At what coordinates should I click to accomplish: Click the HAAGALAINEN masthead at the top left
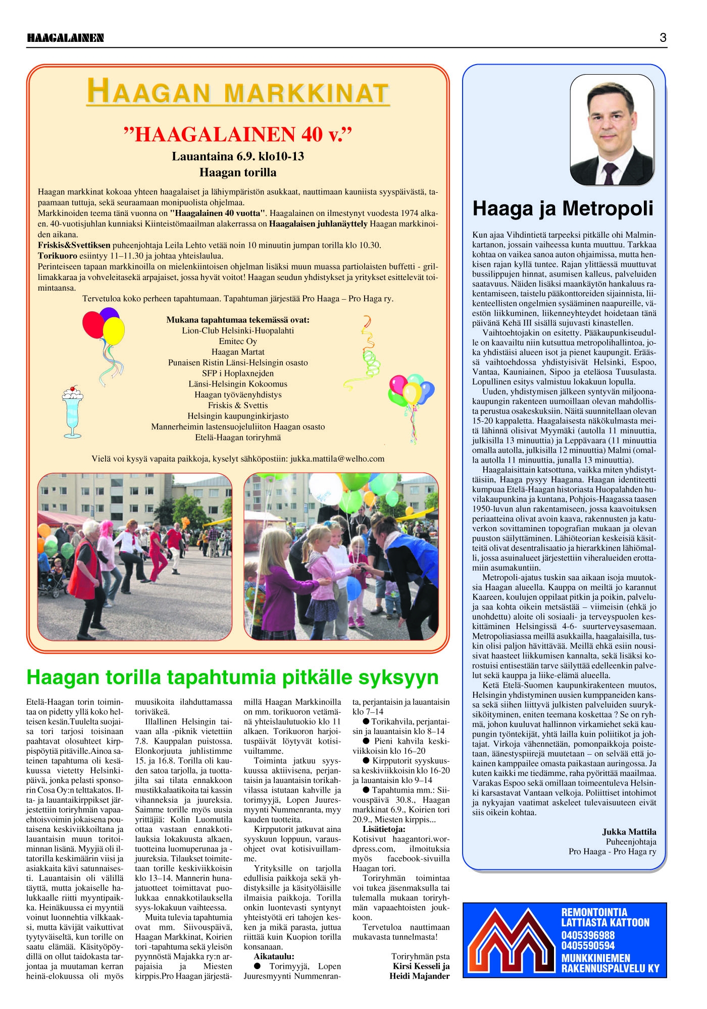tap(65, 38)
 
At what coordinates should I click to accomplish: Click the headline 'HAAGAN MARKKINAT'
tap(238, 92)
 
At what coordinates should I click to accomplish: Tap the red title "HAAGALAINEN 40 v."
tap(238, 135)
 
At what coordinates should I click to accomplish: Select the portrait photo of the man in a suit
tap(612, 130)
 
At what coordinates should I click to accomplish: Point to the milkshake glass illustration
tap(74, 412)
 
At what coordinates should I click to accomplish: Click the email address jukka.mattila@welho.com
tap(337, 459)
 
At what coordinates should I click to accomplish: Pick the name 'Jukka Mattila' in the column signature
tap(629, 832)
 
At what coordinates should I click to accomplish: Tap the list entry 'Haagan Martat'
tap(238, 352)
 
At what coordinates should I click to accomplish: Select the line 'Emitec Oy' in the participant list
tap(238, 342)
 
